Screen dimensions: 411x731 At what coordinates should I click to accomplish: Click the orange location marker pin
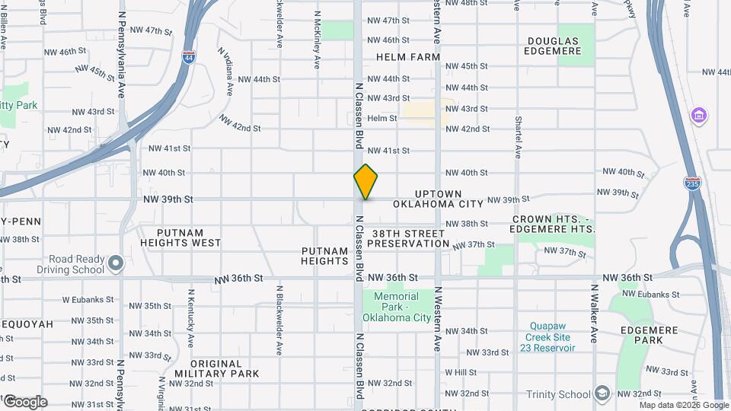(x=365, y=181)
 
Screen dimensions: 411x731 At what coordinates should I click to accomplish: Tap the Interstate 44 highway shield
(x=188, y=56)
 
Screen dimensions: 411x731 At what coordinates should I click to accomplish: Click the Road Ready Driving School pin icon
(x=116, y=263)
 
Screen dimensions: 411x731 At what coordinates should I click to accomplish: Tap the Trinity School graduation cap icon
(x=602, y=393)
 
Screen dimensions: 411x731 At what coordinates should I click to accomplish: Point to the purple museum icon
(x=698, y=116)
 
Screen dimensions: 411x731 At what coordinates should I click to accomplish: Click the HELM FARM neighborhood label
(x=407, y=57)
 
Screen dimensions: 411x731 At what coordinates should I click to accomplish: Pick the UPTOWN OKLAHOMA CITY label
(x=439, y=199)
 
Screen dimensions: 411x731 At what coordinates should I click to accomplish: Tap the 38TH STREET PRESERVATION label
(x=408, y=238)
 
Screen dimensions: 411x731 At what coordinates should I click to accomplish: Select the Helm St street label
(x=382, y=118)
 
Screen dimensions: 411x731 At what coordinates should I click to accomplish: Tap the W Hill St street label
(x=461, y=372)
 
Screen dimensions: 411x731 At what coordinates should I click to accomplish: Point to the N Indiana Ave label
(x=225, y=71)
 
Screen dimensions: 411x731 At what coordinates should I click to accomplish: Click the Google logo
(x=24, y=401)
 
